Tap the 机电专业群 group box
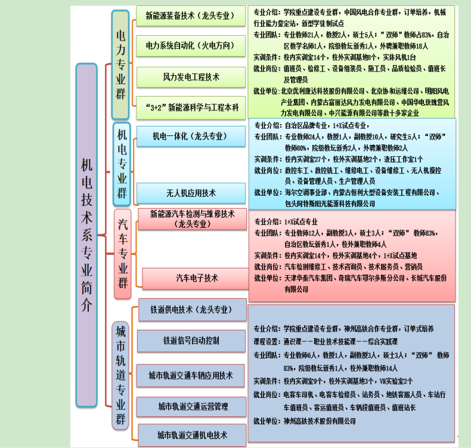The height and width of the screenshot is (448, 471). coord(122,163)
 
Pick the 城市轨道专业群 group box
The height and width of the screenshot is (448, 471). coord(120,375)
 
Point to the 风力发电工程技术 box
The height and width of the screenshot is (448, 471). coord(191,77)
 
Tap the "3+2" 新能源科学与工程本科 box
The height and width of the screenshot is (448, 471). coord(191,107)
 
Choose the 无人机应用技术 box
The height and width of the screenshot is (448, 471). coord(191,193)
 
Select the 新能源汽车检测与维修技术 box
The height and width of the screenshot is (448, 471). coord(192,218)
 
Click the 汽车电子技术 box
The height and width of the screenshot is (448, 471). coord(197,278)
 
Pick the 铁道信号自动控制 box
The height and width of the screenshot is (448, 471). coord(191,341)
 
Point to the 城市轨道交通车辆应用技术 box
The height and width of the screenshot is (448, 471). coord(191,376)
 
